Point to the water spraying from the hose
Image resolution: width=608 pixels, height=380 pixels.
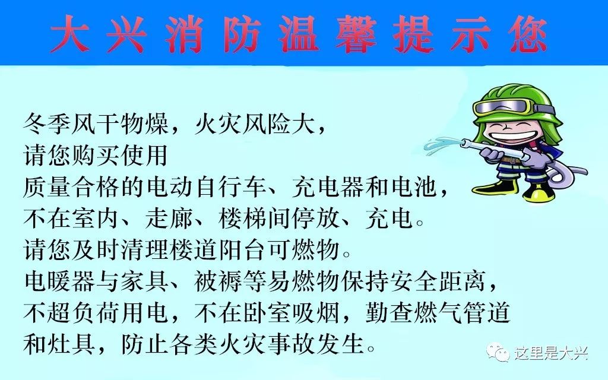442,144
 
